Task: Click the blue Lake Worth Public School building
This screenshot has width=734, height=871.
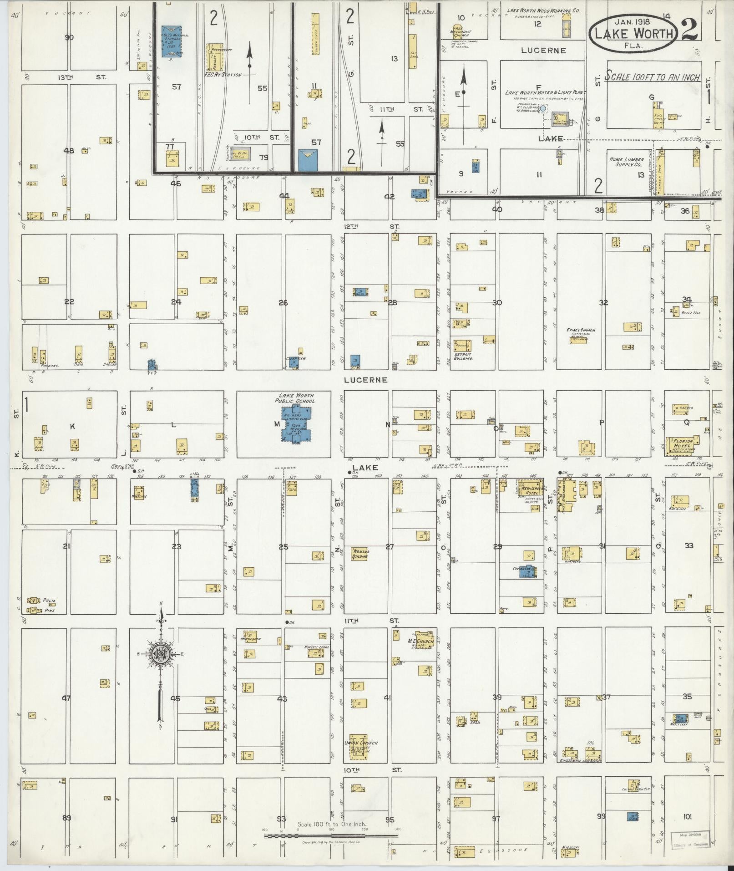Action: [x=297, y=425]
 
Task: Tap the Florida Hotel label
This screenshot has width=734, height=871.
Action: [x=683, y=443]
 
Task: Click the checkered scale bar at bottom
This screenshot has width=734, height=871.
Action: [x=331, y=835]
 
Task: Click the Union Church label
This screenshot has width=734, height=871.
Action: [x=361, y=743]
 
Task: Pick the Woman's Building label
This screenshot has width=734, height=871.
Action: [x=360, y=553]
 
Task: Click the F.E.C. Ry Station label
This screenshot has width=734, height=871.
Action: [x=223, y=74]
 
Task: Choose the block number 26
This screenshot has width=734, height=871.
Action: [x=283, y=302]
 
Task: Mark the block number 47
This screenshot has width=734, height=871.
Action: [x=66, y=698]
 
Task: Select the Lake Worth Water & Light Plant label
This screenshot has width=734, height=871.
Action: [x=545, y=92]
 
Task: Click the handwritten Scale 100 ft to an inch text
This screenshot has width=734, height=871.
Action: [x=652, y=77]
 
